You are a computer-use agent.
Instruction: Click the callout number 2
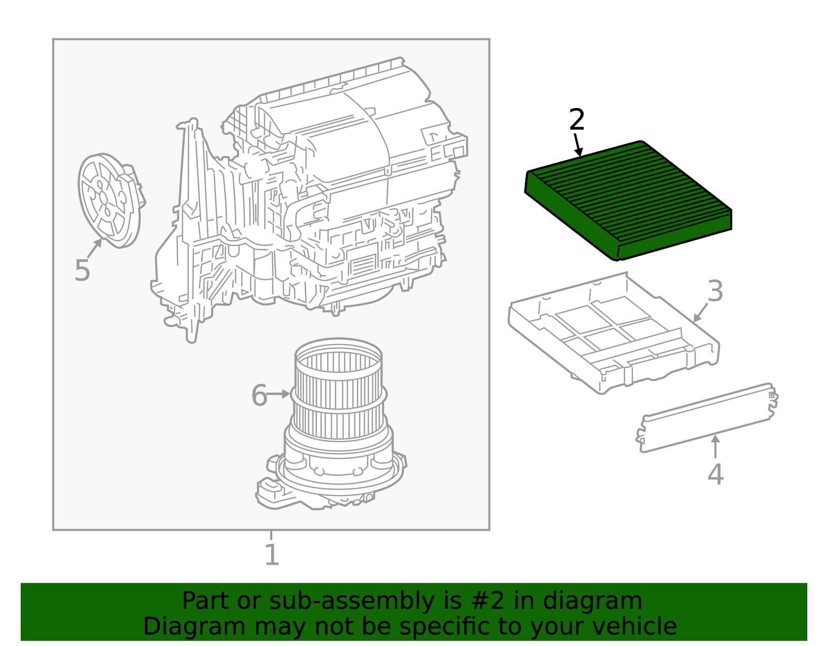coord(576,120)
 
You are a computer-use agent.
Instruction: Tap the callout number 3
coord(715,291)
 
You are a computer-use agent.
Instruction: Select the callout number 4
coord(715,474)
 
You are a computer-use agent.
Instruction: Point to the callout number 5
coord(82,271)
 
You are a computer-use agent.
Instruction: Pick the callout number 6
coord(259,396)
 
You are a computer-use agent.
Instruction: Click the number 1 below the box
coord(272,555)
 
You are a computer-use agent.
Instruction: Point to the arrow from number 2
coord(578,145)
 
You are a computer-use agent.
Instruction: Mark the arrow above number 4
coord(715,446)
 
